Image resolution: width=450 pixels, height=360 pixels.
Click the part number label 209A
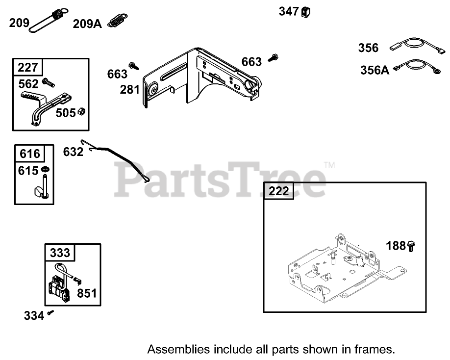pos(87,24)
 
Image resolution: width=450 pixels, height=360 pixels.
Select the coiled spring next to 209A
pos(117,21)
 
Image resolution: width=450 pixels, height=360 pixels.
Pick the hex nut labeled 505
pos(83,112)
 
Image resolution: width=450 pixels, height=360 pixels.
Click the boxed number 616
pos(29,154)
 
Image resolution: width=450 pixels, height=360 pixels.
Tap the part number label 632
pos(73,152)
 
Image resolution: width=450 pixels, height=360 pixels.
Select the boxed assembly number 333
pos(60,253)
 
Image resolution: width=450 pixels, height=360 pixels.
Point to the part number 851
pos(87,294)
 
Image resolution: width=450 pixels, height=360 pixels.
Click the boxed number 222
pos(279,191)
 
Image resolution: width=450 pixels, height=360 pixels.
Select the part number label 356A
pos(375,70)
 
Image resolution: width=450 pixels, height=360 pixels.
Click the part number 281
pos(130,90)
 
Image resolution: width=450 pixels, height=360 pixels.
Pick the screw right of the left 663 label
pos(133,65)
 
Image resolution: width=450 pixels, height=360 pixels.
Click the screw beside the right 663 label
pos(273,58)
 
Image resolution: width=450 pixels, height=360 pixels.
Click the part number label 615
pos(28,171)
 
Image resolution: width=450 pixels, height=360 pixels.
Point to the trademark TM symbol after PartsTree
pos(329,165)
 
